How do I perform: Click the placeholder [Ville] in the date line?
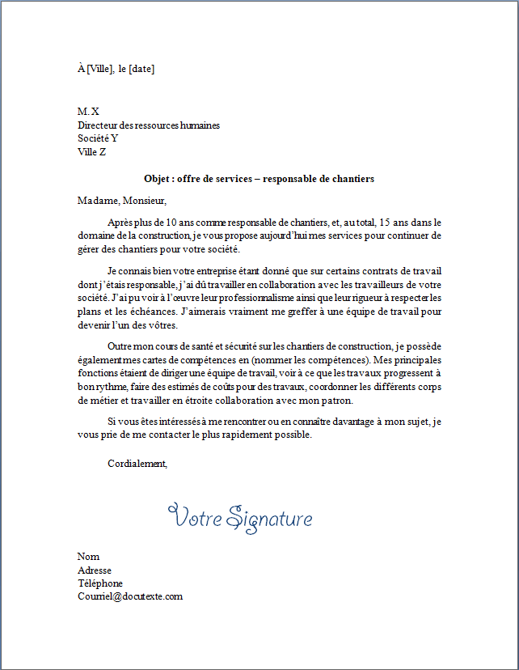100,69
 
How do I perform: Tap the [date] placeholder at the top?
141,69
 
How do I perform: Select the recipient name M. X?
88,111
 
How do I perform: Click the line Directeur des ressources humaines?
149,125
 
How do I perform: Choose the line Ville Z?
91,151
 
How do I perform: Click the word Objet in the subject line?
157,178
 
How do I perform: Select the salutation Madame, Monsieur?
121,200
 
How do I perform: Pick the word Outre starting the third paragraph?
120,346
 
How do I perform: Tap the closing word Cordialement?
137,464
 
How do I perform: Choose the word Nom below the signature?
88,557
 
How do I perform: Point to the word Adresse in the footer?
95,570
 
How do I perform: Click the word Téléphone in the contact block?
100,583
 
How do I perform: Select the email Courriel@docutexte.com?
130,596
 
